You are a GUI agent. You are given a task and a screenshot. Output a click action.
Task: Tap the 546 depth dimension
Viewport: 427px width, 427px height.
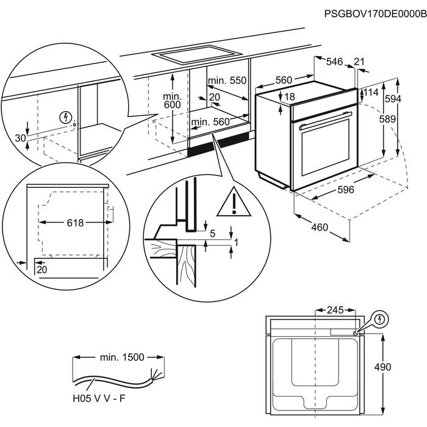point(334,62)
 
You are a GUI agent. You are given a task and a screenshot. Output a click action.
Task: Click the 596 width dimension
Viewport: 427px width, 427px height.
point(345,190)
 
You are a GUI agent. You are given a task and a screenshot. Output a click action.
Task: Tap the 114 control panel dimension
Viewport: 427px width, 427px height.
point(371,93)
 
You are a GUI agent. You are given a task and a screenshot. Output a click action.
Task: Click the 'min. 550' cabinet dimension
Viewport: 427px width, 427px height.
point(226,81)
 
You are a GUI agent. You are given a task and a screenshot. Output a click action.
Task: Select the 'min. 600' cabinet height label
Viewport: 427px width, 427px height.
point(173,101)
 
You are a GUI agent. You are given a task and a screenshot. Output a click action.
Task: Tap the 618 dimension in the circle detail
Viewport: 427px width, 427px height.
point(75,223)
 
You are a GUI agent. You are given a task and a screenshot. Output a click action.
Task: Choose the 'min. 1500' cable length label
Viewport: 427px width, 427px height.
point(121,356)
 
